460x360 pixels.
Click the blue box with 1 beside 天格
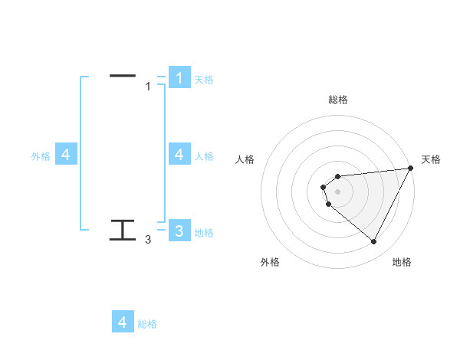click(179, 77)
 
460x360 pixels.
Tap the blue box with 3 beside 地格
click(179, 231)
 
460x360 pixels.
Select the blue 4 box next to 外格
click(66, 155)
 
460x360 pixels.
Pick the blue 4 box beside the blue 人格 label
click(179, 155)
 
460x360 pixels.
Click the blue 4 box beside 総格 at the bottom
click(123, 322)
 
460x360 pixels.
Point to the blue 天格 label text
click(204, 79)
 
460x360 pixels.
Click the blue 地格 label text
click(204, 232)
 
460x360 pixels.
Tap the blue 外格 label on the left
click(41, 156)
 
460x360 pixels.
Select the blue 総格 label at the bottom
click(147, 324)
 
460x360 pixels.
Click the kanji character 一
click(123, 76)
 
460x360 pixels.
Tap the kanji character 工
click(123, 230)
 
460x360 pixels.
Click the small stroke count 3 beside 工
click(148, 240)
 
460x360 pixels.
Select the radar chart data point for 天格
click(411, 169)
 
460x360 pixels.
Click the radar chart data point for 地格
click(374, 242)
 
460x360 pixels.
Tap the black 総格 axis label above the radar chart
click(337, 100)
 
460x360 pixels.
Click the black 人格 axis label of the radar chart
click(245, 159)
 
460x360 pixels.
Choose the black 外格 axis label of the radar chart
click(270, 262)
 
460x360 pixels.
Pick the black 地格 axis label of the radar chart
click(402, 262)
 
